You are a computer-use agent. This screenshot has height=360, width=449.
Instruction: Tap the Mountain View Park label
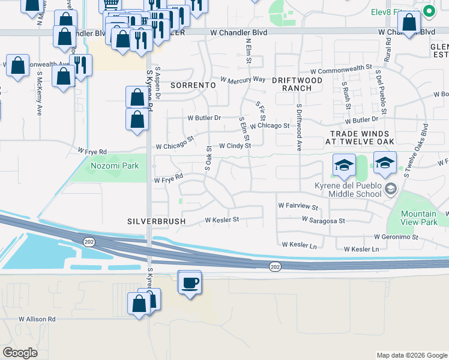click(x=419, y=218)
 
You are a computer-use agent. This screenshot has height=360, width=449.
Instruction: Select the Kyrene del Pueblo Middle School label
click(x=349, y=189)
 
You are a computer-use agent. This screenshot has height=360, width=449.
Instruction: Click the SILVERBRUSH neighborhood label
click(x=156, y=221)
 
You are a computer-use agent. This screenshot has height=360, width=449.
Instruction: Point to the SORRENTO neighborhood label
click(x=193, y=85)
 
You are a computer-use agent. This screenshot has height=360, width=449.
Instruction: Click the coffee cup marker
click(x=190, y=283)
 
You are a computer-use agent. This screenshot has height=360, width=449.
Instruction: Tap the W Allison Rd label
click(x=37, y=319)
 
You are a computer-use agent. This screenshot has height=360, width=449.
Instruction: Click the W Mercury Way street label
click(x=243, y=79)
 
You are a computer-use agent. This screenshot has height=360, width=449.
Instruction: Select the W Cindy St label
click(x=234, y=146)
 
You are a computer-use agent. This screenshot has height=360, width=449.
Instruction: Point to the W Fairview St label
click(x=298, y=206)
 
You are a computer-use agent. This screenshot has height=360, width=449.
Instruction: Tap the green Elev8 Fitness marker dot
click(x=429, y=11)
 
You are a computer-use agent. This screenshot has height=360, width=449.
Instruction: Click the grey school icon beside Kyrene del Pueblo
click(x=391, y=190)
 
